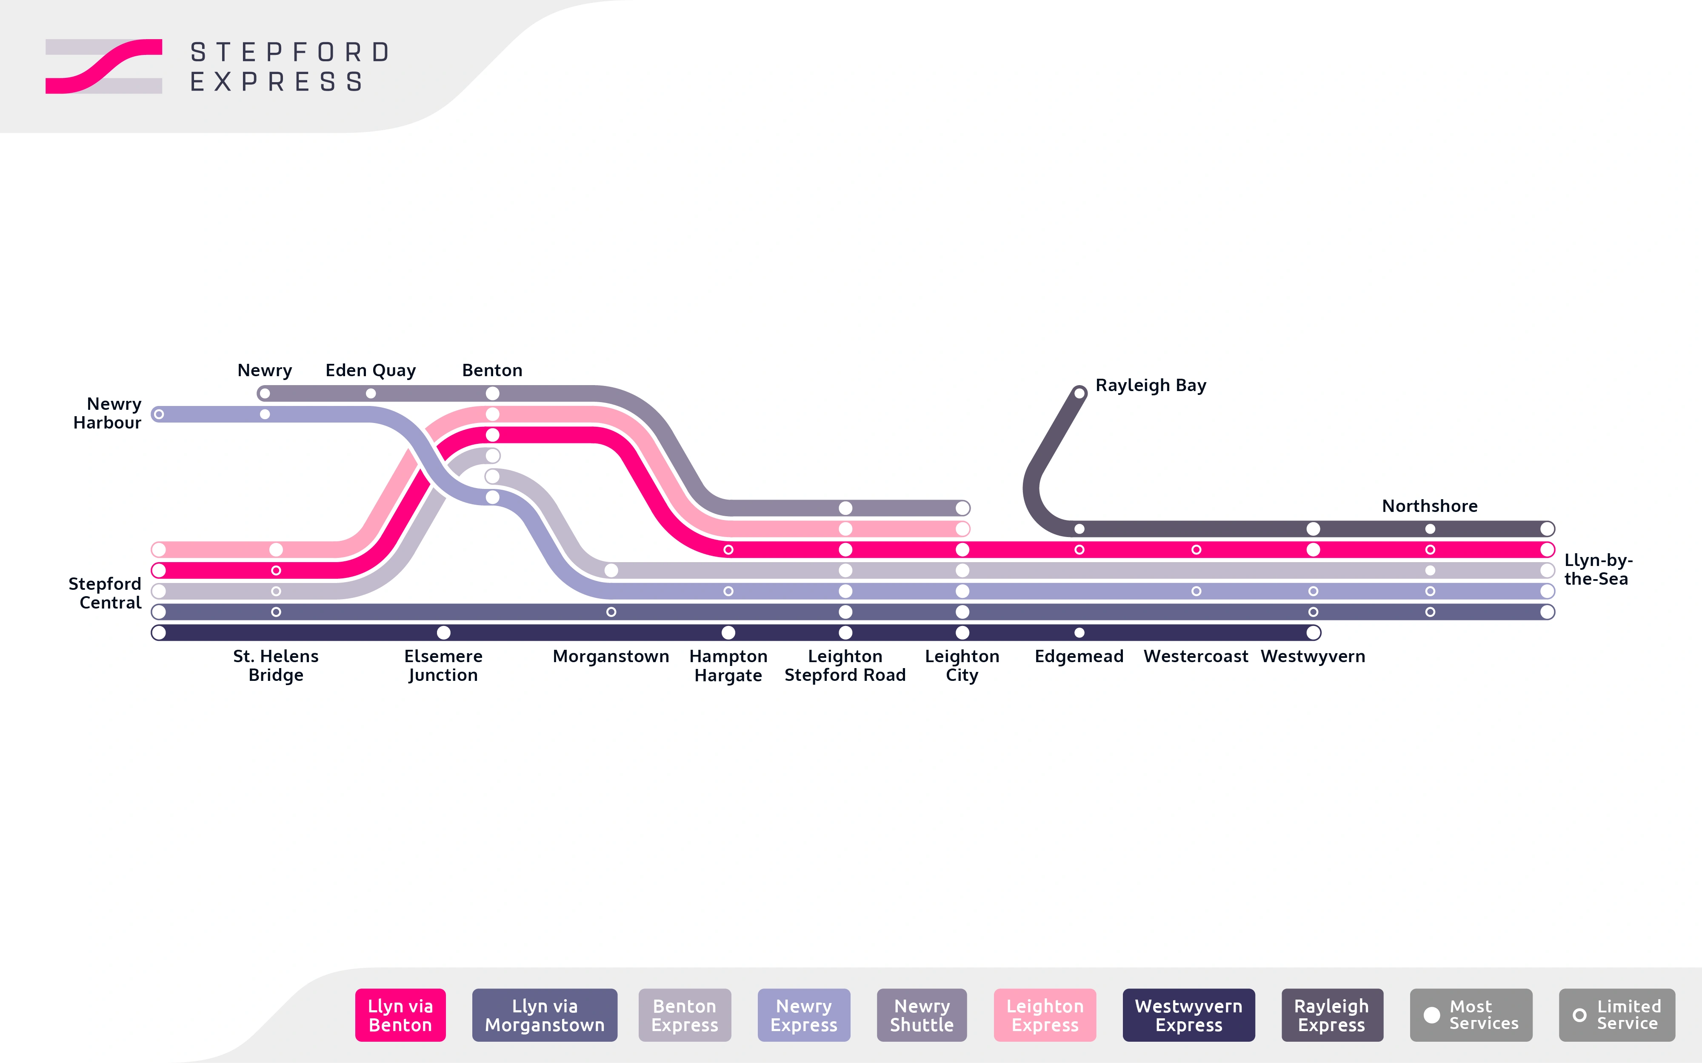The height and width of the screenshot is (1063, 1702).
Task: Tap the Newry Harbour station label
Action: pos(108,413)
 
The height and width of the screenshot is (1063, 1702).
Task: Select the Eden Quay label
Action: pos(371,371)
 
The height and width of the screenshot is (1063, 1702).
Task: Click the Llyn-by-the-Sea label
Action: pos(1597,569)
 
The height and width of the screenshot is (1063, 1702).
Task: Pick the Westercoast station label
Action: pos(1195,657)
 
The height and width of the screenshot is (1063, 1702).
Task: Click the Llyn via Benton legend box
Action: pos(400,1015)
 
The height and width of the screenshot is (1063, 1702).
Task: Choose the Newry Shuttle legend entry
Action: pos(922,1015)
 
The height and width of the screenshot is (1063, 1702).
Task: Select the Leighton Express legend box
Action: pos(1045,1015)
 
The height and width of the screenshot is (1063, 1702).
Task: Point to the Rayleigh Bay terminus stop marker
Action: pos(1079,393)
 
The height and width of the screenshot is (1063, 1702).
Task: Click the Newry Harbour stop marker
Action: pos(159,414)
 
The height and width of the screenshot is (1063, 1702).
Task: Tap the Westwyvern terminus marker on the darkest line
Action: pos(1313,633)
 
